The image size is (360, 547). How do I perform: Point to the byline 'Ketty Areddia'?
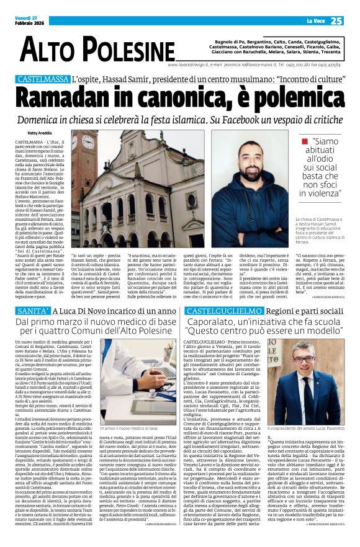click(40, 133)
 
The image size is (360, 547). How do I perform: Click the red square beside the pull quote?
click(304, 142)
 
